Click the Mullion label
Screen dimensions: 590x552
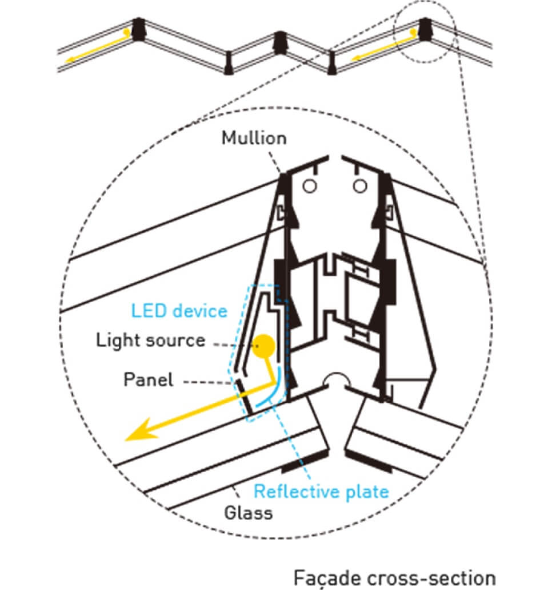[254, 138]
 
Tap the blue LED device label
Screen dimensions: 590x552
[179, 311]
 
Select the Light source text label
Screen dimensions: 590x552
[150, 341]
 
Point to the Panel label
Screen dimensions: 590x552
[148, 380]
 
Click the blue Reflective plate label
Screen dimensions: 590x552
[321, 491]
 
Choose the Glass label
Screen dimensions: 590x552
[249, 512]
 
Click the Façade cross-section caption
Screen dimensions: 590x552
[394, 576]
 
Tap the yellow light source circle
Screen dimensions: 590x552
[265, 345]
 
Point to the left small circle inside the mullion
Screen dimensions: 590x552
[309, 185]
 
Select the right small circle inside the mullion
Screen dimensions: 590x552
[359, 185]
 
